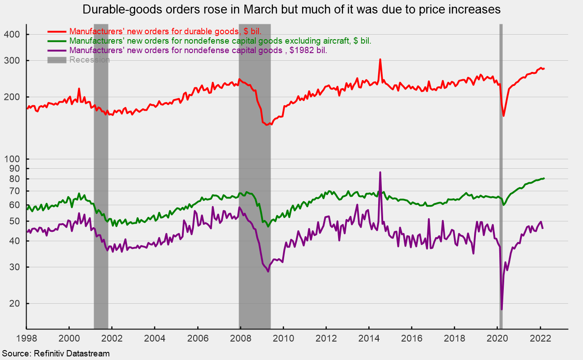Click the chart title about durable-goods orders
click(291, 9)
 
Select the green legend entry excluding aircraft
click(220, 41)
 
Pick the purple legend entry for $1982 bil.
click(198, 50)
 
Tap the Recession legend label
click(89, 60)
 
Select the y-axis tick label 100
click(15, 159)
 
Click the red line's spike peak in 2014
click(380, 59)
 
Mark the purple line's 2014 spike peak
click(380, 172)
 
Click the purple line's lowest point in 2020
click(502, 309)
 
